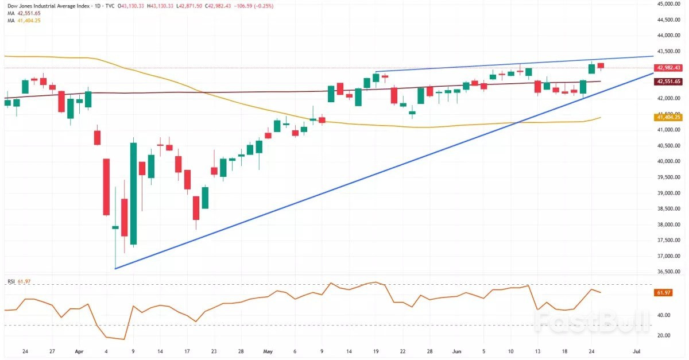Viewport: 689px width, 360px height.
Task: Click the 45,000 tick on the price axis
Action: coord(666,4)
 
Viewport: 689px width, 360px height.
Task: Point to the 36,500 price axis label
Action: coord(666,272)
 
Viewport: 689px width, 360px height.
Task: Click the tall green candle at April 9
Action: coord(133,194)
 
